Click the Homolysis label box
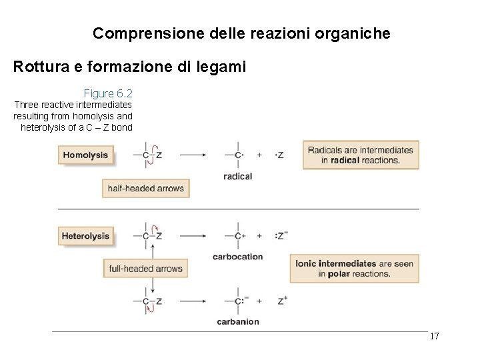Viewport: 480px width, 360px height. coord(85,155)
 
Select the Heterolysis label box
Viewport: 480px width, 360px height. coord(86,236)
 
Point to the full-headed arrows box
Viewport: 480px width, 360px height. coord(145,269)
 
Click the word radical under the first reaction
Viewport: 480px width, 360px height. coord(238,177)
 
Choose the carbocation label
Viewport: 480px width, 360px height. coord(238,257)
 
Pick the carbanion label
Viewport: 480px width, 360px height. coord(238,322)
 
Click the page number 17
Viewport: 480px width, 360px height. coord(434,336)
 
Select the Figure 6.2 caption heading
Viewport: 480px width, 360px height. coord(108,93)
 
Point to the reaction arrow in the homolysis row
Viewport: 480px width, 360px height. coord(193,155)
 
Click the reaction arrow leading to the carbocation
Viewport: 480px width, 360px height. coord(193,235)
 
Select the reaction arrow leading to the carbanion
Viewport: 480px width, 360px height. coord(193,301)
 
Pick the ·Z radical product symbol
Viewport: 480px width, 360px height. coord(279,155)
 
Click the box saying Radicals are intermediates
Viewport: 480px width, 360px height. coord(361,155)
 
